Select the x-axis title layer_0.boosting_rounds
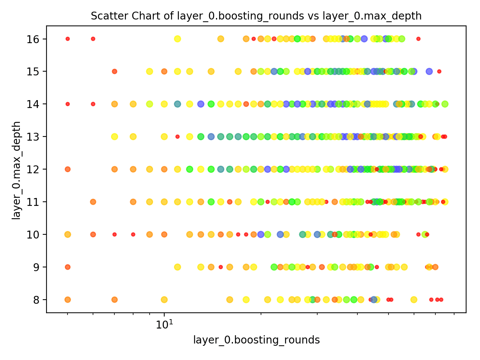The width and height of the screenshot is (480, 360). (256, 340)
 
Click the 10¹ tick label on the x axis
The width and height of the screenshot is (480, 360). (164, 323)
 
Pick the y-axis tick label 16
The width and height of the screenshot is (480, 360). (31, 39)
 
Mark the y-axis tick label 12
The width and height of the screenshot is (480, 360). (31, 169)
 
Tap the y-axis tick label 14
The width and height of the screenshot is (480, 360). (31, 104)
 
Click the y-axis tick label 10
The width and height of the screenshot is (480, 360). (31, 234)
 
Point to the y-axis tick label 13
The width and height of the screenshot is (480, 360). (31, 136)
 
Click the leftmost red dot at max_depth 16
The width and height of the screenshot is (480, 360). (67, 39)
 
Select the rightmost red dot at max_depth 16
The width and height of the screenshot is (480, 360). (418, 39)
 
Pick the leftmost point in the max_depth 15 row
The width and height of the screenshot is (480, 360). (114, 71)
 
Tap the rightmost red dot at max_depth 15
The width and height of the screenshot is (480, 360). (439, 71)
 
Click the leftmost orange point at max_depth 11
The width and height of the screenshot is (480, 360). (93, 202)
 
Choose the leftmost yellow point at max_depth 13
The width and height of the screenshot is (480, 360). (114, 136)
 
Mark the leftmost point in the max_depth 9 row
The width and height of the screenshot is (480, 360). (67, 267)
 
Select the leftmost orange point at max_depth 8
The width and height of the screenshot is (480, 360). (67, 300)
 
